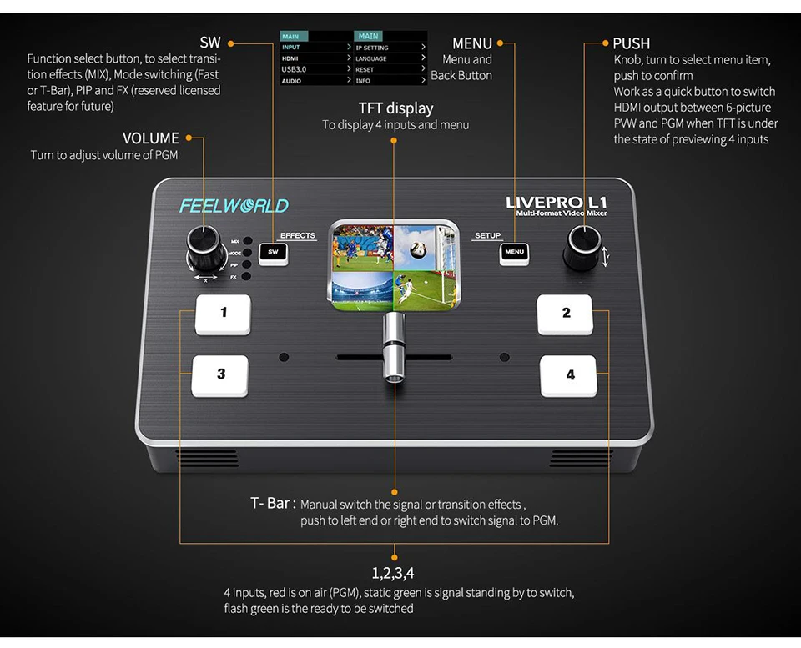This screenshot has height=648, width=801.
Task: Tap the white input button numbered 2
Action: (565, 314)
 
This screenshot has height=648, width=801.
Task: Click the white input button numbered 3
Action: (221, 374)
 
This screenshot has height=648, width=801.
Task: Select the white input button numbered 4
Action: (569, 375)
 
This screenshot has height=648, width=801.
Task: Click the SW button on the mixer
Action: (273, 252)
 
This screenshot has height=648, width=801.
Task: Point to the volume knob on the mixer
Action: (204, 245)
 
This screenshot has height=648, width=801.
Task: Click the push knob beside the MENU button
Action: (581, 245)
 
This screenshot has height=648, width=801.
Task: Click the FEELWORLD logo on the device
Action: (234, 206)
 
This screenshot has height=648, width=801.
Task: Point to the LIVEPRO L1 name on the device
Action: (557, 203)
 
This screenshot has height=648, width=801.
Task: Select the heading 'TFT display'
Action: (395, 108)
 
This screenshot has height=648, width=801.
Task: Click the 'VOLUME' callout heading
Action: (151, 138)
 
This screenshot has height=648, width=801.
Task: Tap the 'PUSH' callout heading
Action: (631, 43)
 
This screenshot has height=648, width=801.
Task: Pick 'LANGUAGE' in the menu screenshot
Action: (371, 58)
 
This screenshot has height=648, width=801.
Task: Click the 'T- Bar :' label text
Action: (272, 504)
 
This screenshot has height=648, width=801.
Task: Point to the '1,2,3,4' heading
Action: (393, 573)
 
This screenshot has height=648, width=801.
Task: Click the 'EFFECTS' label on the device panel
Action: (297, 236)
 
